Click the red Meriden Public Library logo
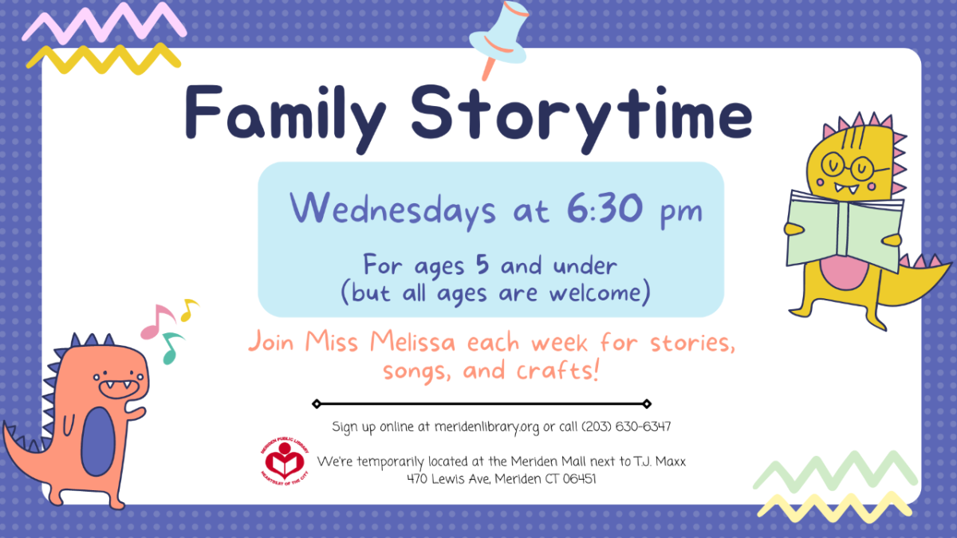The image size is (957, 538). [x=285, y=461]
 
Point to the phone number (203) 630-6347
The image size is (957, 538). [x=626, y=426]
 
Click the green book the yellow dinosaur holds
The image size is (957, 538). [x=845, y=231]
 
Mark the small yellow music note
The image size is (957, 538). [x=188, y=309]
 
